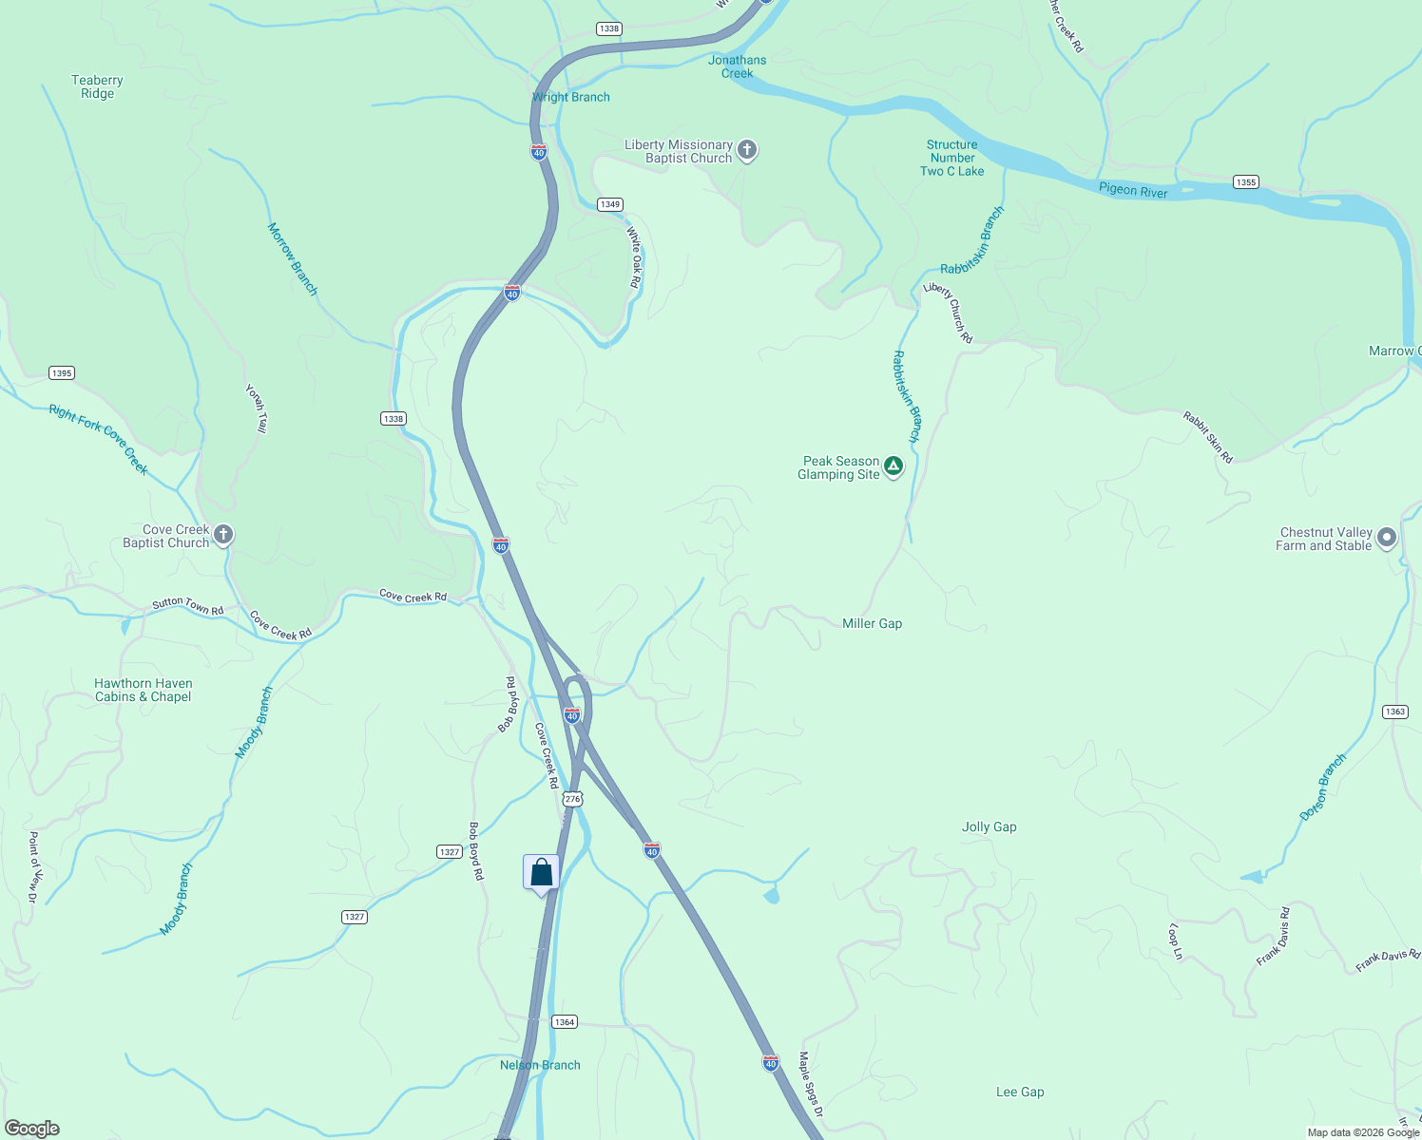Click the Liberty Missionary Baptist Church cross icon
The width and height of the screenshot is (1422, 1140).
pyautogui.click(x=747, y=150)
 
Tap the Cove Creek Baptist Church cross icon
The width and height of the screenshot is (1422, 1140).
pyautogui.click(x=223, y=535)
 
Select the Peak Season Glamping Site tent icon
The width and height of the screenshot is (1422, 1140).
pyautogui.click(x=893, y=466)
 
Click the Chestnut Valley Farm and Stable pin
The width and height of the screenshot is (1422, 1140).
pyautogui.click(x=1387, y=538)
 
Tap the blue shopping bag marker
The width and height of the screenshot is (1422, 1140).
pyautogui.click(x=541, y=872)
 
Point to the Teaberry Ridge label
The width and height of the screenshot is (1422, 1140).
pyautogui.click(x=97, y=86)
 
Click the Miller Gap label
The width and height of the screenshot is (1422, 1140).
pyautogui.click(x=872, y=623)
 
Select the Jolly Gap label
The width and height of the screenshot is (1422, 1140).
pyautogui.click(x=989, y=826)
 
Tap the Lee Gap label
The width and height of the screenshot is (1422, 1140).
pyautogui.click(x=1020, y=1092)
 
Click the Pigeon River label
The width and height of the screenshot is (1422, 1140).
pyautogui.click(x=1133, y=190)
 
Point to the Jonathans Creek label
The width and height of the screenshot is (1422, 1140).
pyautogui.click(x=737, y=66)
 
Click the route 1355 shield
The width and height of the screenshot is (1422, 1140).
pyautogui.click(x=1245, y=181)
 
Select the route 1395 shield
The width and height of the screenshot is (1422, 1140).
pyautogui.click(x=62, y=372)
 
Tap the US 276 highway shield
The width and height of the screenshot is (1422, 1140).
pyautogui.click(x=571, y=799)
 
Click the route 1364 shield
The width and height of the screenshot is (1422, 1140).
pyautogui.click(x=565, y=1021)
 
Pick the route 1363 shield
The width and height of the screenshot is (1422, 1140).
pyautogui.click(x=1394, y=712)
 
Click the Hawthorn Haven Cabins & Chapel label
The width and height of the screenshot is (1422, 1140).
pyautogui.click(x=143, y=690)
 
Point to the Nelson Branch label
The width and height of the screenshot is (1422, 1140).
pyautogui.click(x=540, y=1065)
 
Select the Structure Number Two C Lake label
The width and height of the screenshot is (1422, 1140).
pyautogui.click(x=951, y=158)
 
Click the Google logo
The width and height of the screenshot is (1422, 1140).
pyautogui.click(x=32, y=1129)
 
